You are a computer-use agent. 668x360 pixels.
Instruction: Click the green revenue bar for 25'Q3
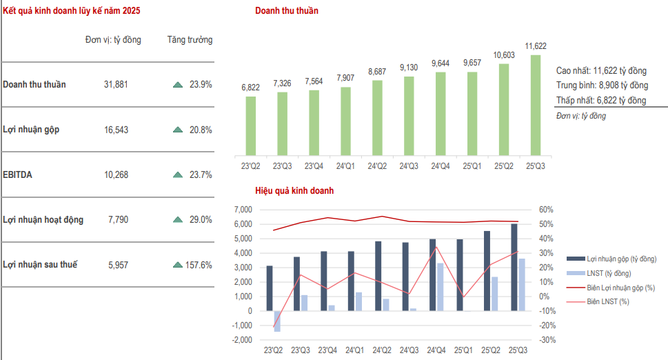click(536, 105)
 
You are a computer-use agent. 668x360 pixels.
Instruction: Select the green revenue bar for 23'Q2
click(250, 126)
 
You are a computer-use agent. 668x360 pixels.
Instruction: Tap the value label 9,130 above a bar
click(409, 68)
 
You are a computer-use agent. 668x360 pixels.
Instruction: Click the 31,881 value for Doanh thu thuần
click(116, 85)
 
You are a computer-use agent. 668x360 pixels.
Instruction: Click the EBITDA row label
click(18, 175)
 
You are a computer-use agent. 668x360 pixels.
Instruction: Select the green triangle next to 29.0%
click(177, 220)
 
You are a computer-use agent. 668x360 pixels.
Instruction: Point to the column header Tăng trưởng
click(190, 40)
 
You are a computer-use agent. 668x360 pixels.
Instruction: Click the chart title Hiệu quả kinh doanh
click(294, 190)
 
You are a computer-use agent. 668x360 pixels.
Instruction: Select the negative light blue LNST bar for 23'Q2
click(277, 321)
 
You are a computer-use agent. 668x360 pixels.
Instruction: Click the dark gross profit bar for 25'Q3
click(514, 267)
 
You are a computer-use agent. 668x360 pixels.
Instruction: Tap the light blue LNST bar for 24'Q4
click(441, 287)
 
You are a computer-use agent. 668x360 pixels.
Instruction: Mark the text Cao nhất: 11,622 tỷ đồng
click(601, 71)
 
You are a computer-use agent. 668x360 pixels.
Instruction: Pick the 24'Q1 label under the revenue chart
click(345, 167)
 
